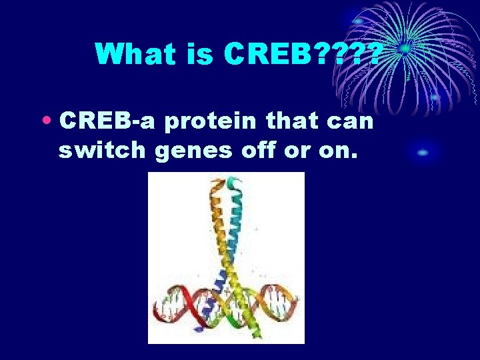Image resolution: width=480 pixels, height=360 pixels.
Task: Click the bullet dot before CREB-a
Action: coord(49,122)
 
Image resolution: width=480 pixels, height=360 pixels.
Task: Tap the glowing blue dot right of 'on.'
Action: coord(422,153)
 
